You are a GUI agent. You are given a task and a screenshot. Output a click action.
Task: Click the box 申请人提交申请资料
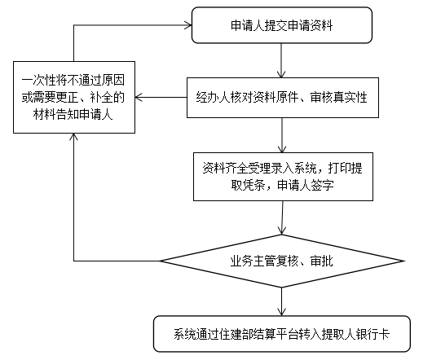[282, 25]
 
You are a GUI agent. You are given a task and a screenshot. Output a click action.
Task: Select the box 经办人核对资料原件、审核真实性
[283, 98]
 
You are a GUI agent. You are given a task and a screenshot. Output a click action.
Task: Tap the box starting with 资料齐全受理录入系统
[283, 177]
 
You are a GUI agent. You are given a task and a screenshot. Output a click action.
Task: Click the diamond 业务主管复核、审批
[282, 261]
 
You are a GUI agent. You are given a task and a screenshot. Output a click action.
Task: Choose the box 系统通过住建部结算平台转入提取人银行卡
[282, 334]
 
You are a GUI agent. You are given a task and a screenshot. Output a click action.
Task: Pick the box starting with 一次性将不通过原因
[74, 97]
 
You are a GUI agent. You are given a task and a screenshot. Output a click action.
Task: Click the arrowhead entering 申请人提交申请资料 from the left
[188, 25]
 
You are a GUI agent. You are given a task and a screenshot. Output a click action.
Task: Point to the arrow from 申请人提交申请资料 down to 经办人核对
[281, 60]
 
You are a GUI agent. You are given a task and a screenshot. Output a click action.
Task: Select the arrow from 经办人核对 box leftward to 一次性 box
[161, 97]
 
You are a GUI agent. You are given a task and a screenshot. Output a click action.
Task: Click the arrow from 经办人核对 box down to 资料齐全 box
[281, 135]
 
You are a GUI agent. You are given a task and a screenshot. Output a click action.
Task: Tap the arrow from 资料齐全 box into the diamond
[282, 217]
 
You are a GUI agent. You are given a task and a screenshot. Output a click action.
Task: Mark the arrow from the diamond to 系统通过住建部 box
[281, 301]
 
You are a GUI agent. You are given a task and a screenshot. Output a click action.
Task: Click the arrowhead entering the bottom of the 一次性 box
[73, 137]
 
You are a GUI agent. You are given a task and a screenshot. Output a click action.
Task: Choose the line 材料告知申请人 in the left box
[73, 114]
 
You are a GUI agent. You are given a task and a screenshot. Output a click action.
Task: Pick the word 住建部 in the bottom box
[236, 334]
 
